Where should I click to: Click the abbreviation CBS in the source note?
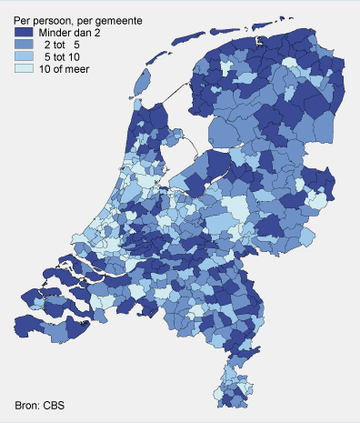[60, 405]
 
